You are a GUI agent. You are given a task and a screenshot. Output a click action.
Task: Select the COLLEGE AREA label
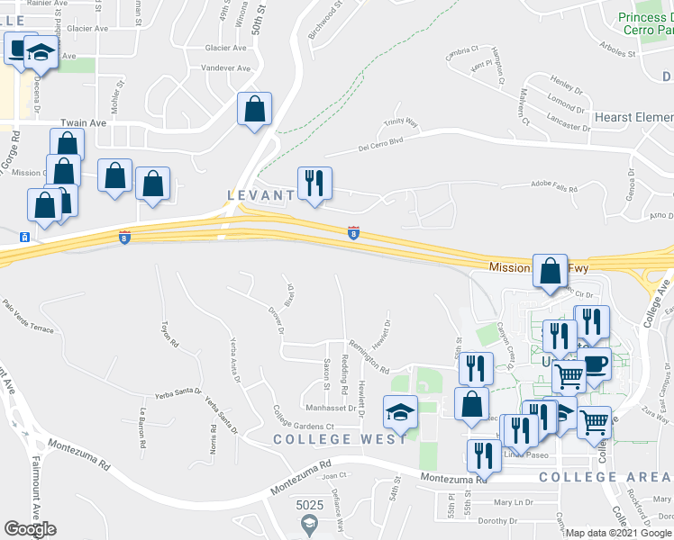click(x=606, y=476)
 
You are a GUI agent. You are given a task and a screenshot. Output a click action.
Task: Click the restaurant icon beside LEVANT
click(x=314, y=184)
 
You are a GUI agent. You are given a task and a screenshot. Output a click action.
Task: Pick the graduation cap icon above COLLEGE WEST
click(x=401, y=413)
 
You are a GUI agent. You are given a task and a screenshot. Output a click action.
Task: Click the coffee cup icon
click(x=595, y=365)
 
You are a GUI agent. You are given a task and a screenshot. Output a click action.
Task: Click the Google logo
click(x=30, y=528)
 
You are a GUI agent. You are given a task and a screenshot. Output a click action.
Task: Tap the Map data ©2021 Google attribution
click(x=617, y=533)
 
